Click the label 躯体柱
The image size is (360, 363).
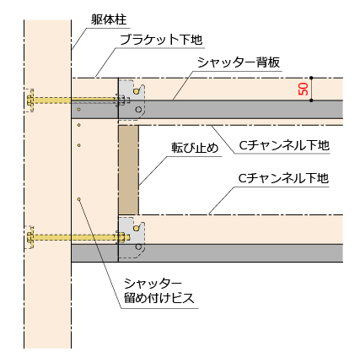click(109, 19)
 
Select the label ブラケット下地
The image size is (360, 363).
click(161, 40)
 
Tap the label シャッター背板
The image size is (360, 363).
click(239, 62)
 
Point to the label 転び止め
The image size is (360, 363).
click(195, 148)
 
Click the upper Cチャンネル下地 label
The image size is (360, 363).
click(284, 145)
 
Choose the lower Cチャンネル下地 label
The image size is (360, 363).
click(283, 178)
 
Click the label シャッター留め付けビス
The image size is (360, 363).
click(159, 290)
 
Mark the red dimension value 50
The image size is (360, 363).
click(304, 89)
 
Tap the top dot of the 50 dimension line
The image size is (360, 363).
click(311, 78)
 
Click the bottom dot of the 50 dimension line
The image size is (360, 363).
click(311, 100)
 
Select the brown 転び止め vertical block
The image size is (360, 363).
click(128, 170)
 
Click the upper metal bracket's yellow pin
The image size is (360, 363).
click(137, 91)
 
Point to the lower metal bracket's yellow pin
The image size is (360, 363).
click(137, 228)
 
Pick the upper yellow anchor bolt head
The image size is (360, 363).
click(30, 100)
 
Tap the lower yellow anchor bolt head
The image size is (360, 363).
click(30, 237)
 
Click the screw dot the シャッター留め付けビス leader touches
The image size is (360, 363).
click(79, 199)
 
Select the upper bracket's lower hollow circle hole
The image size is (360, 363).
click(138, 110)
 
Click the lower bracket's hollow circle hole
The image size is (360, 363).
click(138, 247)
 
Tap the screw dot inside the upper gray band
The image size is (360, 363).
click(79, 110)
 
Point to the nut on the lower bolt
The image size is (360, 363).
click(121, 237)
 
